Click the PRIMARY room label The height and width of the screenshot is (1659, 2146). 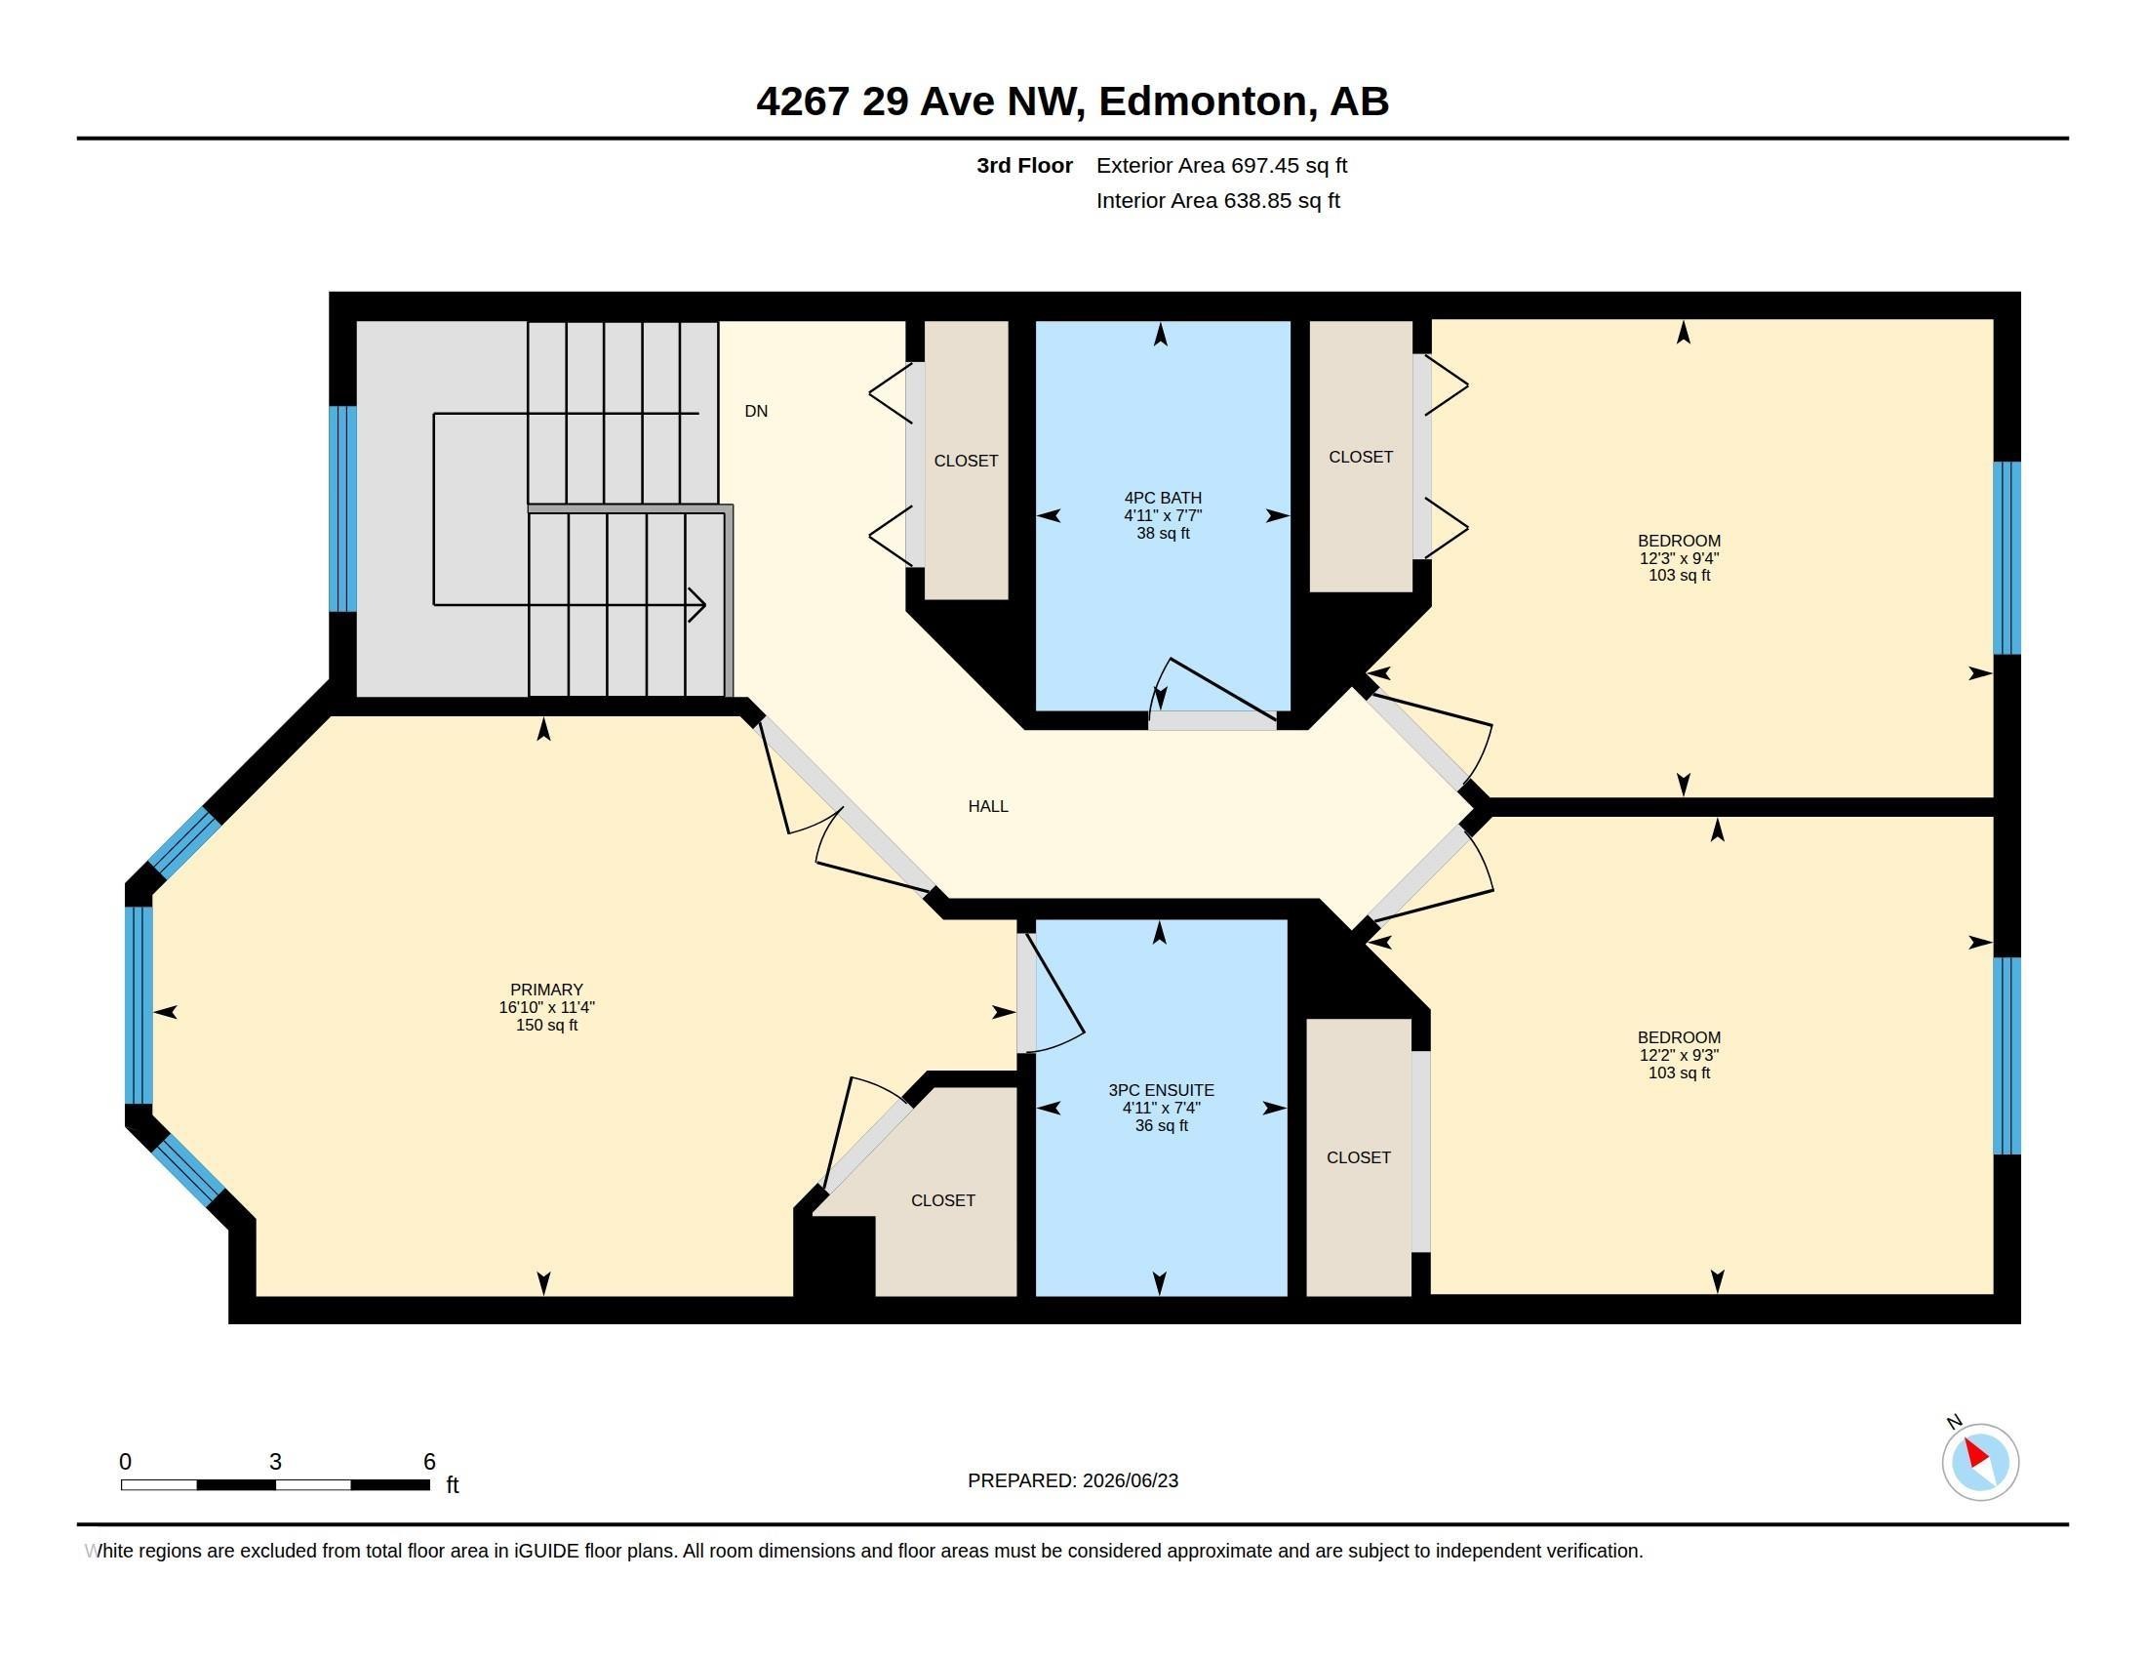point(546,990)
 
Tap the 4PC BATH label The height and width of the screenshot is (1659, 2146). point(1163,499)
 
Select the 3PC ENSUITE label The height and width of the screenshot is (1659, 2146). point(1162,1090)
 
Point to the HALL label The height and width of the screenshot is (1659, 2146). point(987,806)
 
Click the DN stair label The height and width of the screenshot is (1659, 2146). point(756,411)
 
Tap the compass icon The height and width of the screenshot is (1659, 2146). point(1980,1462)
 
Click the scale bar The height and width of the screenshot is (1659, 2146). point(275,1485)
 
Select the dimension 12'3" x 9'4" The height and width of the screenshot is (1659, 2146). point(1679,558)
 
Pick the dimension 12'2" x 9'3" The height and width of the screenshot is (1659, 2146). point(1679,1056)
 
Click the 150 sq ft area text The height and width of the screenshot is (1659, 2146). point(546,1025)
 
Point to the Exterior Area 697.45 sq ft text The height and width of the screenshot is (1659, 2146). point(1221,165)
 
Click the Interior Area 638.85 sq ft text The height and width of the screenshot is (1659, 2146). point(1217,200)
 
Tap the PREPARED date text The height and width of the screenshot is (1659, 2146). point(1073,1480)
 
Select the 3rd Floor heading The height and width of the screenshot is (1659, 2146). point(1024,165)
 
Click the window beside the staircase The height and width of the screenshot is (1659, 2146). point(342,509)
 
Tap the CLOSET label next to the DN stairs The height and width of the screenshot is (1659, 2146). point(966,461)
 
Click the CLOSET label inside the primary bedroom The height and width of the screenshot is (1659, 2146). point(942,1200)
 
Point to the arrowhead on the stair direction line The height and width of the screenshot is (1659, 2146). point(696,604)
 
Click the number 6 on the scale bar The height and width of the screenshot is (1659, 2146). point(429,1462)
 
